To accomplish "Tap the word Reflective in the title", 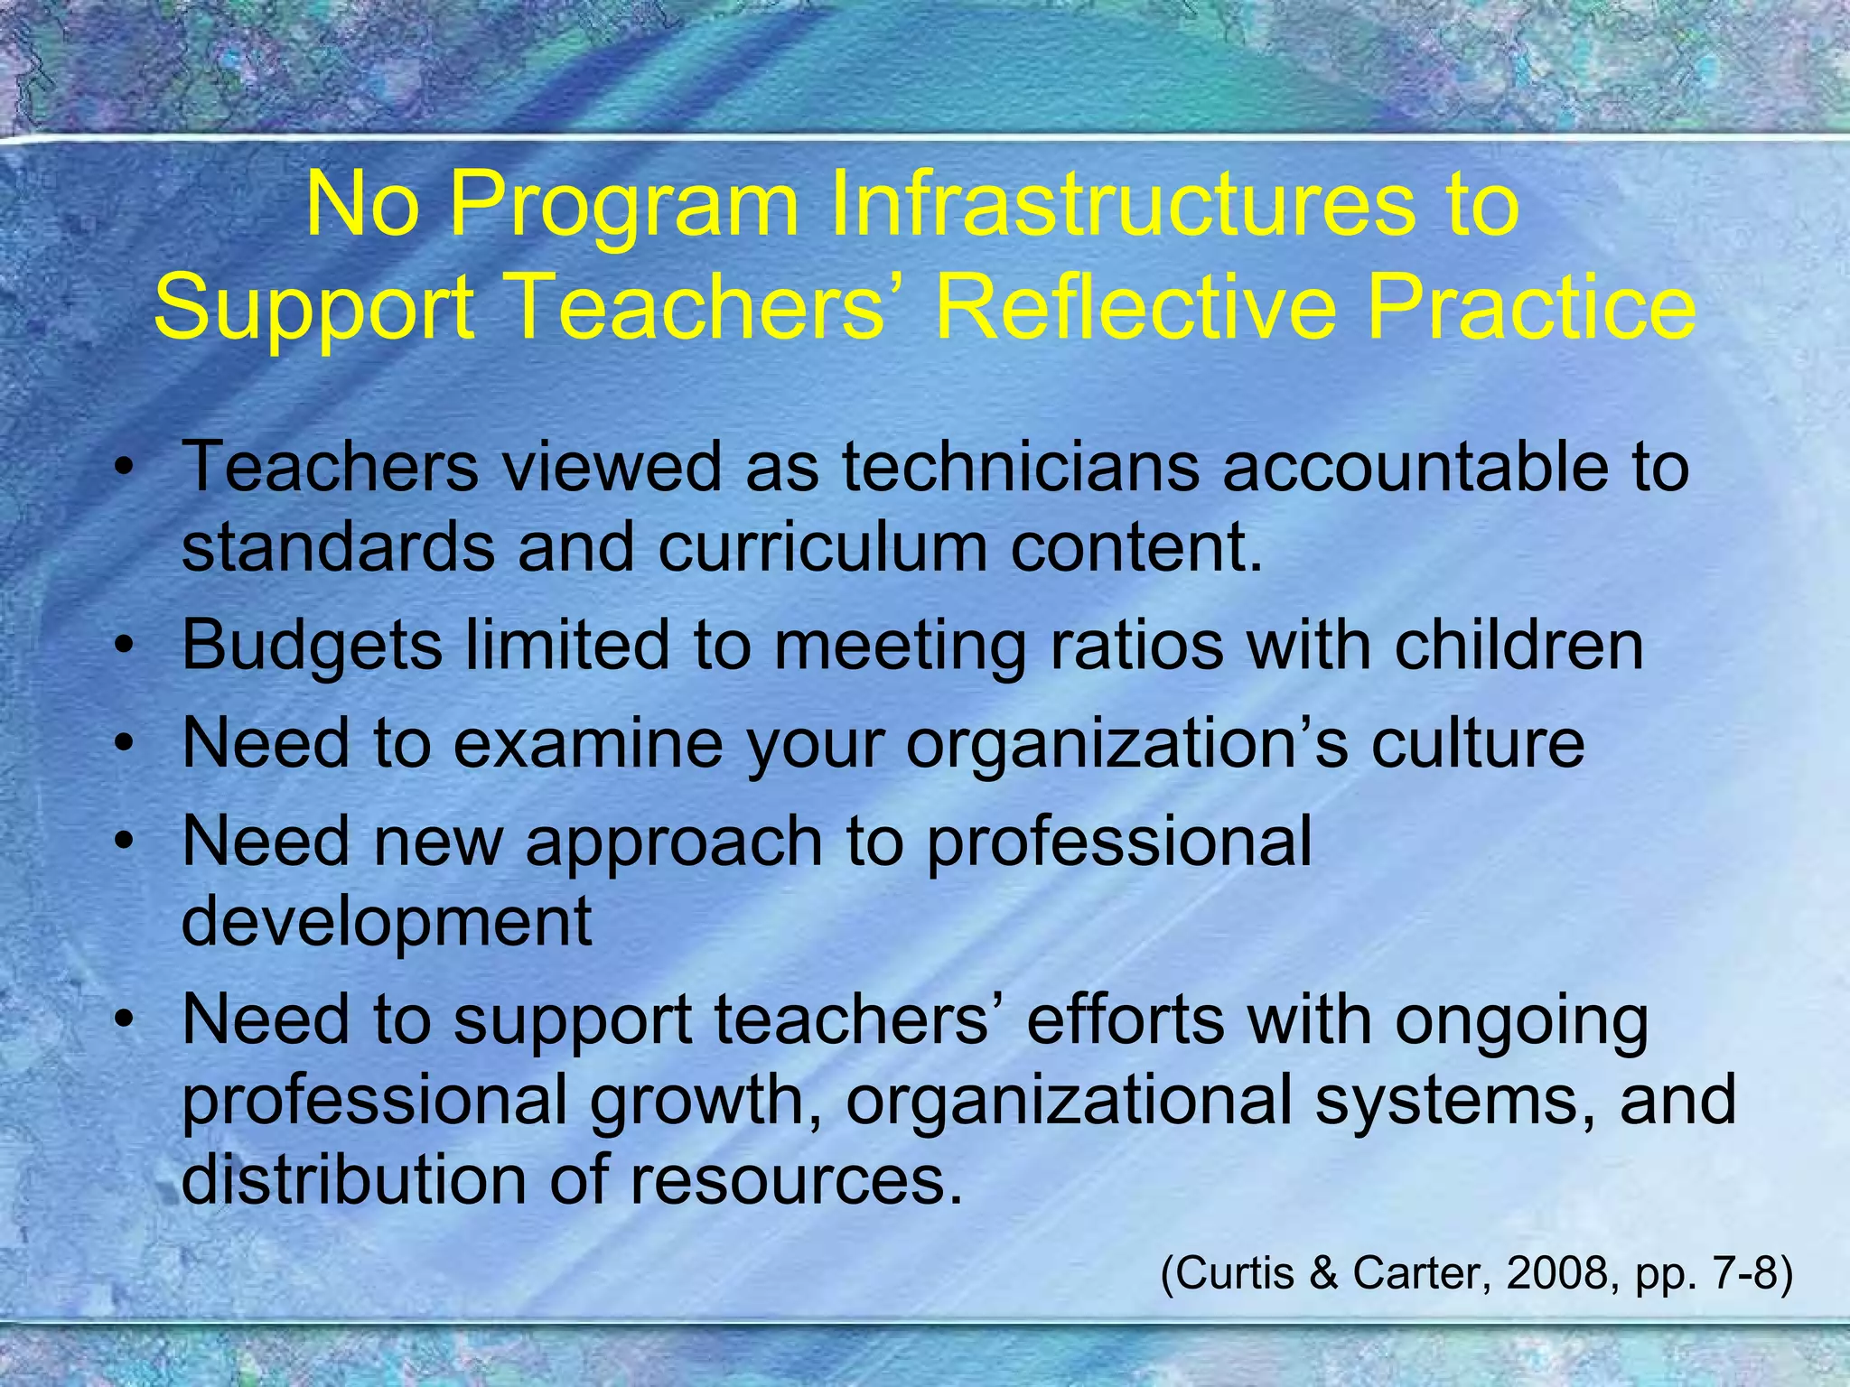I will (1135, 307).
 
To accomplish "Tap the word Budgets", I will (313, 647).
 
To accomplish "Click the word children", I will (1518, 645).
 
